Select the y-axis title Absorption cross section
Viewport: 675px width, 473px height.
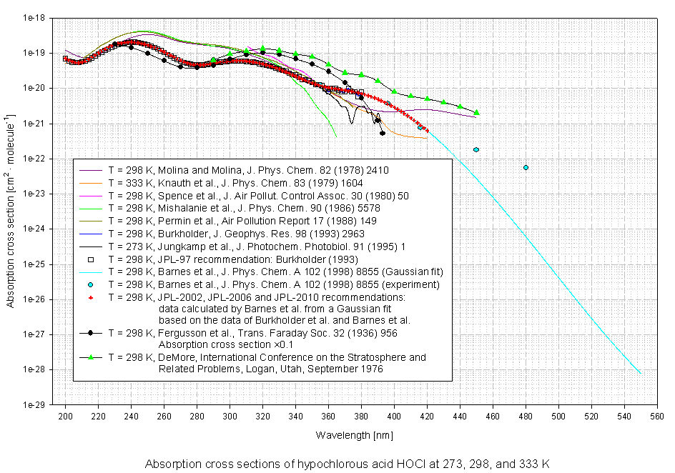click(10, 211)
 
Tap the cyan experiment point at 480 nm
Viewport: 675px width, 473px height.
click(526, 168)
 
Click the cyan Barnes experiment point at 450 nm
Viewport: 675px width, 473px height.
click(476, 149)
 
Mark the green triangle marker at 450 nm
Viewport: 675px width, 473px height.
click(476, 113)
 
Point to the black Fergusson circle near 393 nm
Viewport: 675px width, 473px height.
click(383, 133)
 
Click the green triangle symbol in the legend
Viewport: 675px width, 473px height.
click(91, 357)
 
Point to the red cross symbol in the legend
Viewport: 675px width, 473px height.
click(91, 295)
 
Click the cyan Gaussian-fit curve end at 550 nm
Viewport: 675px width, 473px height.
click(641, 374)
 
